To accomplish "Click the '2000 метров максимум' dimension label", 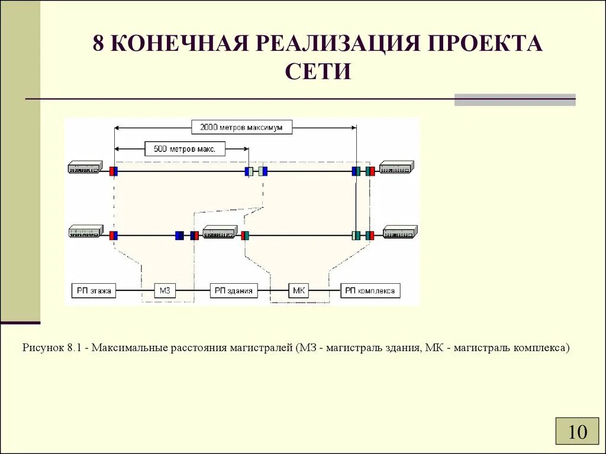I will pyautogui.click(x=241, y=127).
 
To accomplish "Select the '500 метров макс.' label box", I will pyautogui.click(x=185, y=149).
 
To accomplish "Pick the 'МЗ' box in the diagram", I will pyautogui.click(x=165, y=290).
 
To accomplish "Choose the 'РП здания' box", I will pyautogui.click(x=234, y=290).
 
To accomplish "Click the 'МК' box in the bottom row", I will pyautogui.click(x=298, y=290).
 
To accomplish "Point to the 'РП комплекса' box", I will pyautogui.click(x=371, y=290).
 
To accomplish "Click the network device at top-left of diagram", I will pyautogui.click(x=85, y=168).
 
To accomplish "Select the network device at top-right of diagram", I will pyautogui.click(x=396, y=168).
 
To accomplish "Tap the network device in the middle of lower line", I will pyautogui.click(x=220, y=232).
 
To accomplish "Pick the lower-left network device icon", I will pyautogui.click(x=86, y=232).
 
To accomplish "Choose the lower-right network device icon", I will pyautogui.click(x=400, y=232).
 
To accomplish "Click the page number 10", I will pyautogui.click(x=578, y=432).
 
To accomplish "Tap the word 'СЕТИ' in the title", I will pyautogui.click(x=318, y=71).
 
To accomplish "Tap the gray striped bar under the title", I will pyautogui.click(x=514, y=100).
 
